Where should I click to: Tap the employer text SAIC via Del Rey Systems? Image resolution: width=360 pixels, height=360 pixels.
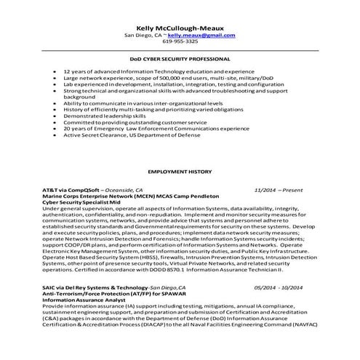click(x=95, y=288)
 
